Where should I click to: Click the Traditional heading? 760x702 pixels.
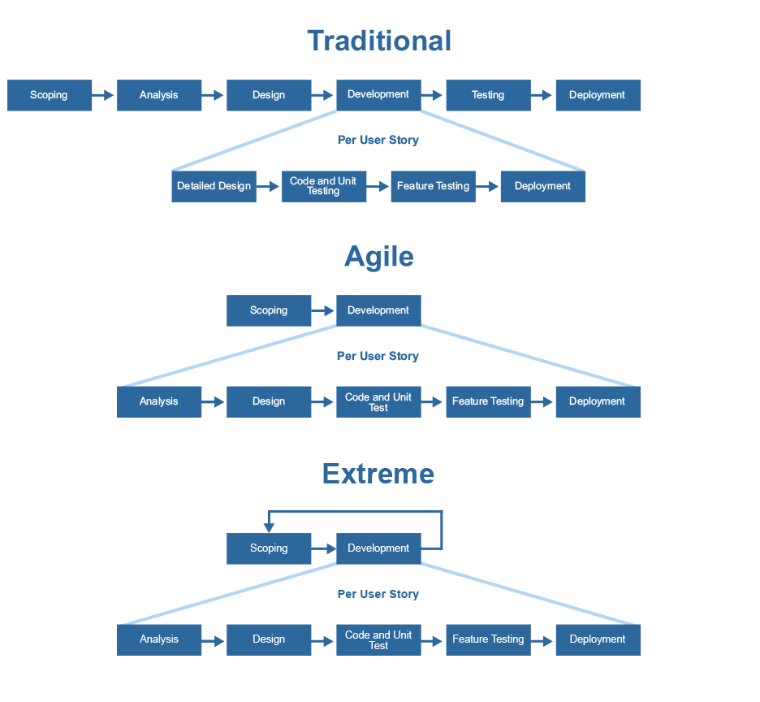(379, 41)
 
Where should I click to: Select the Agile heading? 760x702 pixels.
(379, 256)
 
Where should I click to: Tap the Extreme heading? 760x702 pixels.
(378, 474)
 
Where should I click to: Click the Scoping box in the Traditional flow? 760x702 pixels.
(50, 95)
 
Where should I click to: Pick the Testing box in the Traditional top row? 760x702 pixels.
(488, 95)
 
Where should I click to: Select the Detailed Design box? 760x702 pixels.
(214, 186)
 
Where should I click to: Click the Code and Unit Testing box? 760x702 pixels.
(324, 186)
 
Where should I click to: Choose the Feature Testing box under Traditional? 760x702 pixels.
(434, 186)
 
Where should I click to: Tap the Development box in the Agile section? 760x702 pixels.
(378, 310)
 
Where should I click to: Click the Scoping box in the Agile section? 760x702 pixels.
(269, 310)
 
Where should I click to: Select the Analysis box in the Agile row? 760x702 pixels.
(159, 401)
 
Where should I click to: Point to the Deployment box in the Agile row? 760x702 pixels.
(598, 401)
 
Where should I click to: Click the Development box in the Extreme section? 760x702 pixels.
(378, 548)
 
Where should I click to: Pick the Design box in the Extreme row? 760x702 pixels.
(269, 640)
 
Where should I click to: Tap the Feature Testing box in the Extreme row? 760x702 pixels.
(488, 640)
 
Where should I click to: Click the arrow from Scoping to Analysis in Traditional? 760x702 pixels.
(103, 95)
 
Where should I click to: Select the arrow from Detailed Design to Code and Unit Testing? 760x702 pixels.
(268, 186)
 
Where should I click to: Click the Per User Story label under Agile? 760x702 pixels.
(378, 356)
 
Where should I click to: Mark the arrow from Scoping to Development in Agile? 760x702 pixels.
(323, 310)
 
